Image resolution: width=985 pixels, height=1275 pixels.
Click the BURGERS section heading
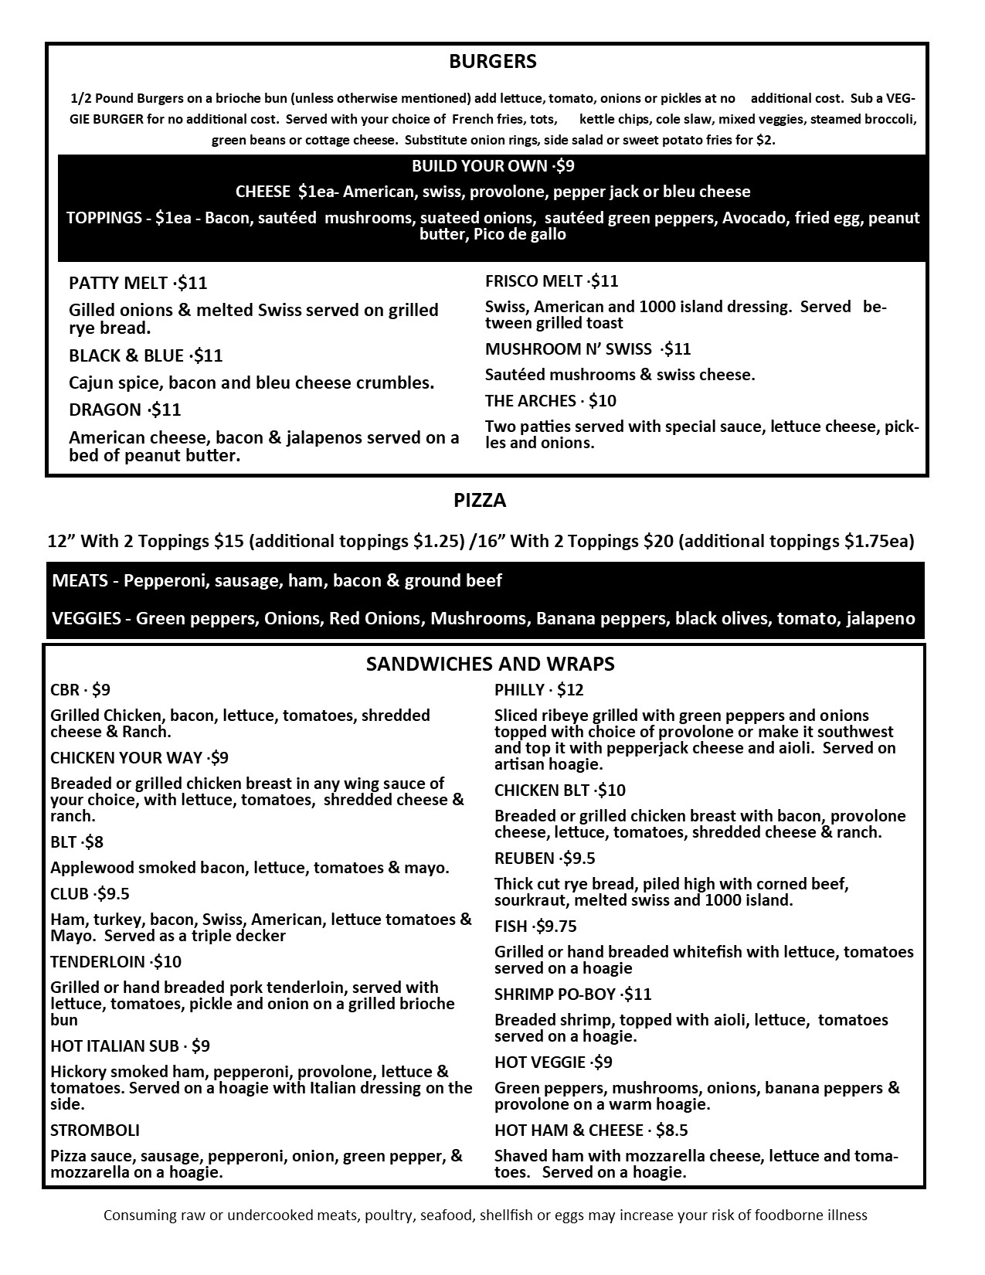coord(492,62)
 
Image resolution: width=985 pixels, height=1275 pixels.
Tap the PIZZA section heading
coord(480,501)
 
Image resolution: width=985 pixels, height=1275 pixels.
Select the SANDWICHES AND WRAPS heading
coord(491,664)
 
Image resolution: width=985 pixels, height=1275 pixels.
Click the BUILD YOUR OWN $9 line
coord(492,166)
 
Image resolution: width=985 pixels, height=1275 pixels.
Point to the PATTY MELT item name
coord(117,284)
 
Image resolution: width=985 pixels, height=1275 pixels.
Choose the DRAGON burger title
coord(105,410)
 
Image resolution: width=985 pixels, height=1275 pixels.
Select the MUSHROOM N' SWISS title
coord(568,349)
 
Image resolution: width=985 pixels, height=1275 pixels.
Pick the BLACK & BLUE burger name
coord(126,356)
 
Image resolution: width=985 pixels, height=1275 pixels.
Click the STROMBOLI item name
coord(95,1130)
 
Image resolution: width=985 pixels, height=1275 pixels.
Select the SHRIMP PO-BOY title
coord(555,994)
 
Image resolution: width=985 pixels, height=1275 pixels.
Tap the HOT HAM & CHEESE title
coord(569,1130)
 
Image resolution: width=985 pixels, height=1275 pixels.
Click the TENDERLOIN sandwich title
coord(97,962)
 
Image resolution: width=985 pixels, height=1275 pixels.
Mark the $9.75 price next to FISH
coord(556,926)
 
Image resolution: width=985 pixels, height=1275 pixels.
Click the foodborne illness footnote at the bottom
coord(485,1215)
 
